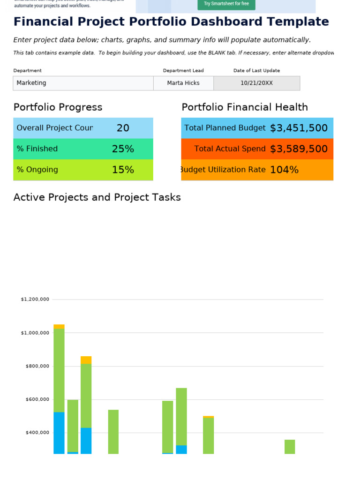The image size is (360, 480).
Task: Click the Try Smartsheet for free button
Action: pos(226,4)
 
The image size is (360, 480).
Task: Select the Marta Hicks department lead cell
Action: pos(183,83)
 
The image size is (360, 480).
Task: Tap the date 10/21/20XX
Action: pos(256,83)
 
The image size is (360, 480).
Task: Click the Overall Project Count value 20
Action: pos(123,128)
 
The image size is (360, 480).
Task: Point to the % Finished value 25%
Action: pos(123,149)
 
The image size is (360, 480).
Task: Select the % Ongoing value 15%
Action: pos(123,170)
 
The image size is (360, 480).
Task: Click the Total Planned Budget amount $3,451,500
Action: pos(299,128)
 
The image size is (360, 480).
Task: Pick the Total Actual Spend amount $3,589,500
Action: pos(299,149)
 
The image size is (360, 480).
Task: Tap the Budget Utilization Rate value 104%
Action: pos(284,170)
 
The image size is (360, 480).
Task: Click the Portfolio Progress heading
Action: pos(58,107)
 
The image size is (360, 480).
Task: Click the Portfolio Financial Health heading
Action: pos(245,107)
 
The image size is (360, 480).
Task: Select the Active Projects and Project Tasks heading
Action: pos(97,197)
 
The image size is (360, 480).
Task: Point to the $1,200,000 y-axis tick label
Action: pos(35,299)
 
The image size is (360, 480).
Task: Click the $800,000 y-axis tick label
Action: pos(37,366)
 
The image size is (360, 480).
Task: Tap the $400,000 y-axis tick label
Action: pos(37,433)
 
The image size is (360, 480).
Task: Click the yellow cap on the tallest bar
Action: pos(59,326)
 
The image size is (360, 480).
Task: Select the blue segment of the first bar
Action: pos(59,433)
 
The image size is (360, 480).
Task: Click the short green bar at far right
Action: pos(290,447)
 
